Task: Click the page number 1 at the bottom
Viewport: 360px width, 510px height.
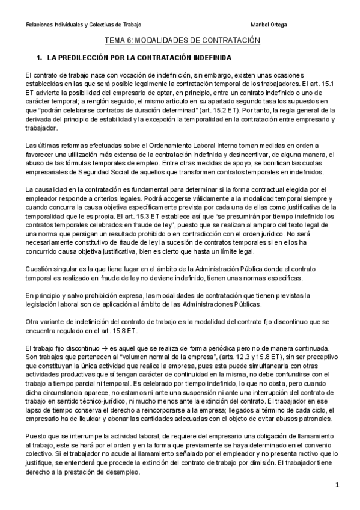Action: pyautogui.click(x=337, y=485)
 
